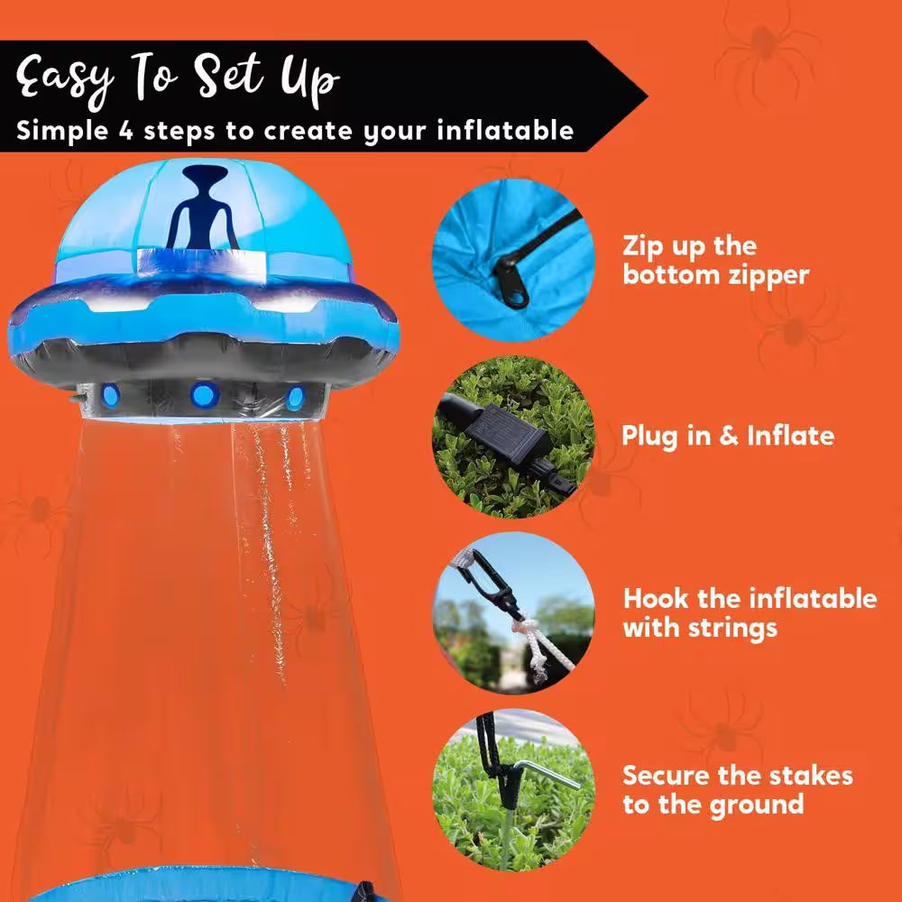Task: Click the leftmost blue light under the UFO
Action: click(x=110, y=394)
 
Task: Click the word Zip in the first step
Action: click(x=643, y=246)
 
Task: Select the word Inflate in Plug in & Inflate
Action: click(x=790, y=437)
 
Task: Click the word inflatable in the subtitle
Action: click(x=505, y=130)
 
